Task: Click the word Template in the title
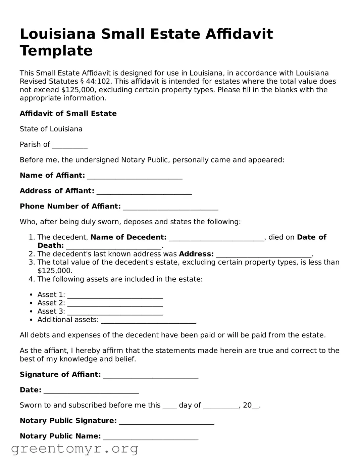(56, 51)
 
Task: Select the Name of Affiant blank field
(135, 176)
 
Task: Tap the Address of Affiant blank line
(144, 192)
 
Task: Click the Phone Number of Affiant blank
(170, 207)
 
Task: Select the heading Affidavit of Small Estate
(68, 113)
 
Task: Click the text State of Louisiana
(51, 129)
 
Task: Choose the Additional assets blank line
(148, 321)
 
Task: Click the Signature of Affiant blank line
(151, 375)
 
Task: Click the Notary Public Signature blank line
(166, 422)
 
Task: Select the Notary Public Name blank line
(151, 437)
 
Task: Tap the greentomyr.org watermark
(75, 448)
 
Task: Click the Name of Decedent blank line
(216, 238)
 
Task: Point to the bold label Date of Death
(50, 246)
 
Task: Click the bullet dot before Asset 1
(31, 295)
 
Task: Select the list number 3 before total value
(31, 263)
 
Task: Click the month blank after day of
(221, 406)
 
